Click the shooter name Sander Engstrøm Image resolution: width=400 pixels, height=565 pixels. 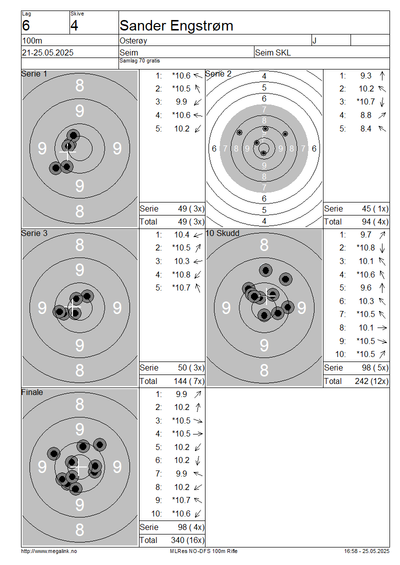coord(176,25)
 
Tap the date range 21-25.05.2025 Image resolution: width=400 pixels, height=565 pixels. coord(47,52)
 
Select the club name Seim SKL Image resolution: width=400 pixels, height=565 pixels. coord(273,52)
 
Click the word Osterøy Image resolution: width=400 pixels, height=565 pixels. coord(133,40)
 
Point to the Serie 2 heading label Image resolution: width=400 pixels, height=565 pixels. coord(218,74)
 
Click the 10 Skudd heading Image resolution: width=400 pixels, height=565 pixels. coord(222,233)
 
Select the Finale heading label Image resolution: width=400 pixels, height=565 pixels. coord(32,392)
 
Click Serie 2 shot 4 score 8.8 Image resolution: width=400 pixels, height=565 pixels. coord(366,115)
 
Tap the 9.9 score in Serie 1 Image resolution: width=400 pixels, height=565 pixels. coord(181,102)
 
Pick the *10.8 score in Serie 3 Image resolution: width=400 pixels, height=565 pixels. coord(181,274)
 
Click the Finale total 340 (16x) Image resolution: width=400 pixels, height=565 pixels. coord(187,540)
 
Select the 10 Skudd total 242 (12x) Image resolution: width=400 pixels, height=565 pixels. coord(372,381)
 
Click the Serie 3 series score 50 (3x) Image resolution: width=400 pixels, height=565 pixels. coord(191,368)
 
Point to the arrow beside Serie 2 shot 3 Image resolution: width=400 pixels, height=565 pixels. coord(382,102)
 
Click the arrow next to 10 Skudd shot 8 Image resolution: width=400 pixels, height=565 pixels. coord(382,328)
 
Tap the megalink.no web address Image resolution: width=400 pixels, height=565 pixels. coord(49,551)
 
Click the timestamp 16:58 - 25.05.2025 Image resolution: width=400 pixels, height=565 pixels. coord(366,551)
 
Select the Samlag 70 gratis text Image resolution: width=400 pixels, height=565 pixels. coord(140,61)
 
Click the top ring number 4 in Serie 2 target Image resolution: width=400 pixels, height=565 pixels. coord(264,76)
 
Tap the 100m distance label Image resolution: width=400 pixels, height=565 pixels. coord(32,40)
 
